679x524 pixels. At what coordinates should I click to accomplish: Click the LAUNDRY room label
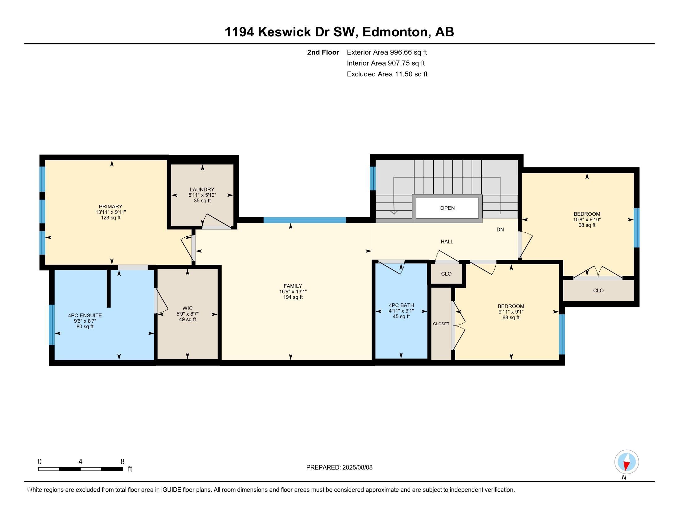tap(202, 189)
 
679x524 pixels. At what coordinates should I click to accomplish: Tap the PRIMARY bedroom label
tap(111, 207)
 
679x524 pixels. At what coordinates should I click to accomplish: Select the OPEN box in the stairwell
tap(447, 208)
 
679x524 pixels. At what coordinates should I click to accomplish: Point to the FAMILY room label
tap(293, 286)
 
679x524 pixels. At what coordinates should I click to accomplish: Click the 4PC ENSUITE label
tap(85, 315)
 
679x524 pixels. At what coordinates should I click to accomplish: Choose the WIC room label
tap(187, 308)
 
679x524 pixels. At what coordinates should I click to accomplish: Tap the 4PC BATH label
tap(401, 305)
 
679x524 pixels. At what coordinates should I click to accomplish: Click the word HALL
tap(447, 242)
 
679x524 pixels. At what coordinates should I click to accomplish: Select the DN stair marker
tap(500, 230)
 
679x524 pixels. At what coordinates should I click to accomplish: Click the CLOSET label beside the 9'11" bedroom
tap(441, 324)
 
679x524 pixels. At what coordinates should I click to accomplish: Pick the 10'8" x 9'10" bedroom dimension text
tap(587, 219)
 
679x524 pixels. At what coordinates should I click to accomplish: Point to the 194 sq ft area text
tap(293, 297)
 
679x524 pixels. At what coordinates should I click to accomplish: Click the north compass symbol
tap(627, 462)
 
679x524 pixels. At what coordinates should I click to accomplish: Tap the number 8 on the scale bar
tap(123, 461)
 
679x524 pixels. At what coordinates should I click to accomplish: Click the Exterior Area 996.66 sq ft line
tap(387, 52)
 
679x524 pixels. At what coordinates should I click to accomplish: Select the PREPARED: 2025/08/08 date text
tap(339, 467)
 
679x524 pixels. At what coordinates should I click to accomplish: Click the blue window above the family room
tap(305, 220)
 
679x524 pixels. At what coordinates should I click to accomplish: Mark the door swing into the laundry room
tap(217, 220)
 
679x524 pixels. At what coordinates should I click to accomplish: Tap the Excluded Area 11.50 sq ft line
tap(387, 74)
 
